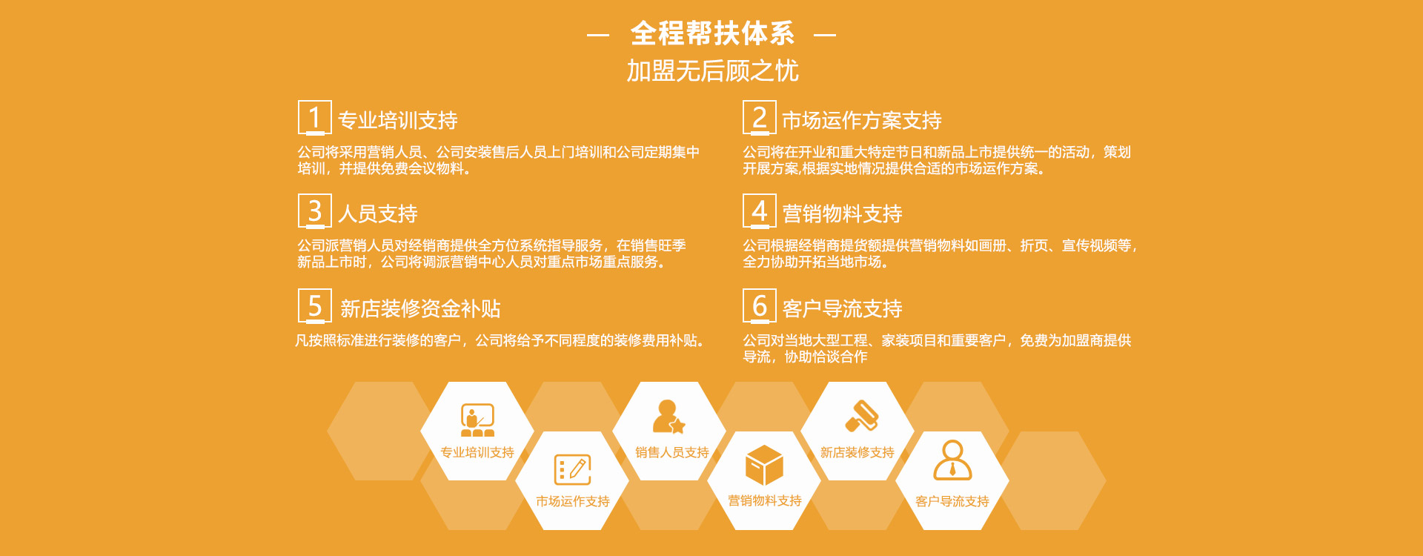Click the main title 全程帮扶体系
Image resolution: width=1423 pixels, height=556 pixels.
(x=712, y=33)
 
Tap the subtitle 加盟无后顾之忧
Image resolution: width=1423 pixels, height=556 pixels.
(x=712, y=70)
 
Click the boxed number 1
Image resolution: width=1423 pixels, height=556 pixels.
(x=314, y=117)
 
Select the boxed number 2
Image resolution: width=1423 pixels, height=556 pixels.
(x=759, y=117)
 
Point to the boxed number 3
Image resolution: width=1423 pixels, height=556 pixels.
(x=314, y=211)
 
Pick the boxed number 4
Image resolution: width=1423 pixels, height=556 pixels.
(x=759, y=211)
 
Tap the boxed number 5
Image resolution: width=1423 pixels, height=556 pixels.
(x=314, y=305)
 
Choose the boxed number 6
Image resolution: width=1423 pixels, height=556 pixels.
(x=759, y=305)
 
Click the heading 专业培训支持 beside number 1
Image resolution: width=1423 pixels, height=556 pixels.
(x=397, y=120)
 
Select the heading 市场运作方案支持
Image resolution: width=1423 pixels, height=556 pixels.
(x=862, y=120)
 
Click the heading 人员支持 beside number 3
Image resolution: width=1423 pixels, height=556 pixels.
(x=378, y=214)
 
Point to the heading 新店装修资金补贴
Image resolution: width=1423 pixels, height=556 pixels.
(x=420, y=308)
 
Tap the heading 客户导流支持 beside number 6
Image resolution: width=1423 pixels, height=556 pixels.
(x=842, y=308)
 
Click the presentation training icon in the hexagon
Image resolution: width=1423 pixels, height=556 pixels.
(x=477, y=420)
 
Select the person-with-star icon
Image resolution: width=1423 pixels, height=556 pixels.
(x=669, y=417)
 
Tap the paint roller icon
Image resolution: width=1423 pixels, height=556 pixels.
(x=861, y=416)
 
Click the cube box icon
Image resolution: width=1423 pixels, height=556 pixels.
(x=764, y=466)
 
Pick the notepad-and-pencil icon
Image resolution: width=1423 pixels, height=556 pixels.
(x=573, y=469)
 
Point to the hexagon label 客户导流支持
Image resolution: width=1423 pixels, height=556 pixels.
(x=952, y=501)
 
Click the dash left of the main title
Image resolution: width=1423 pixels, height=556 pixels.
(x=598, y=35)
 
